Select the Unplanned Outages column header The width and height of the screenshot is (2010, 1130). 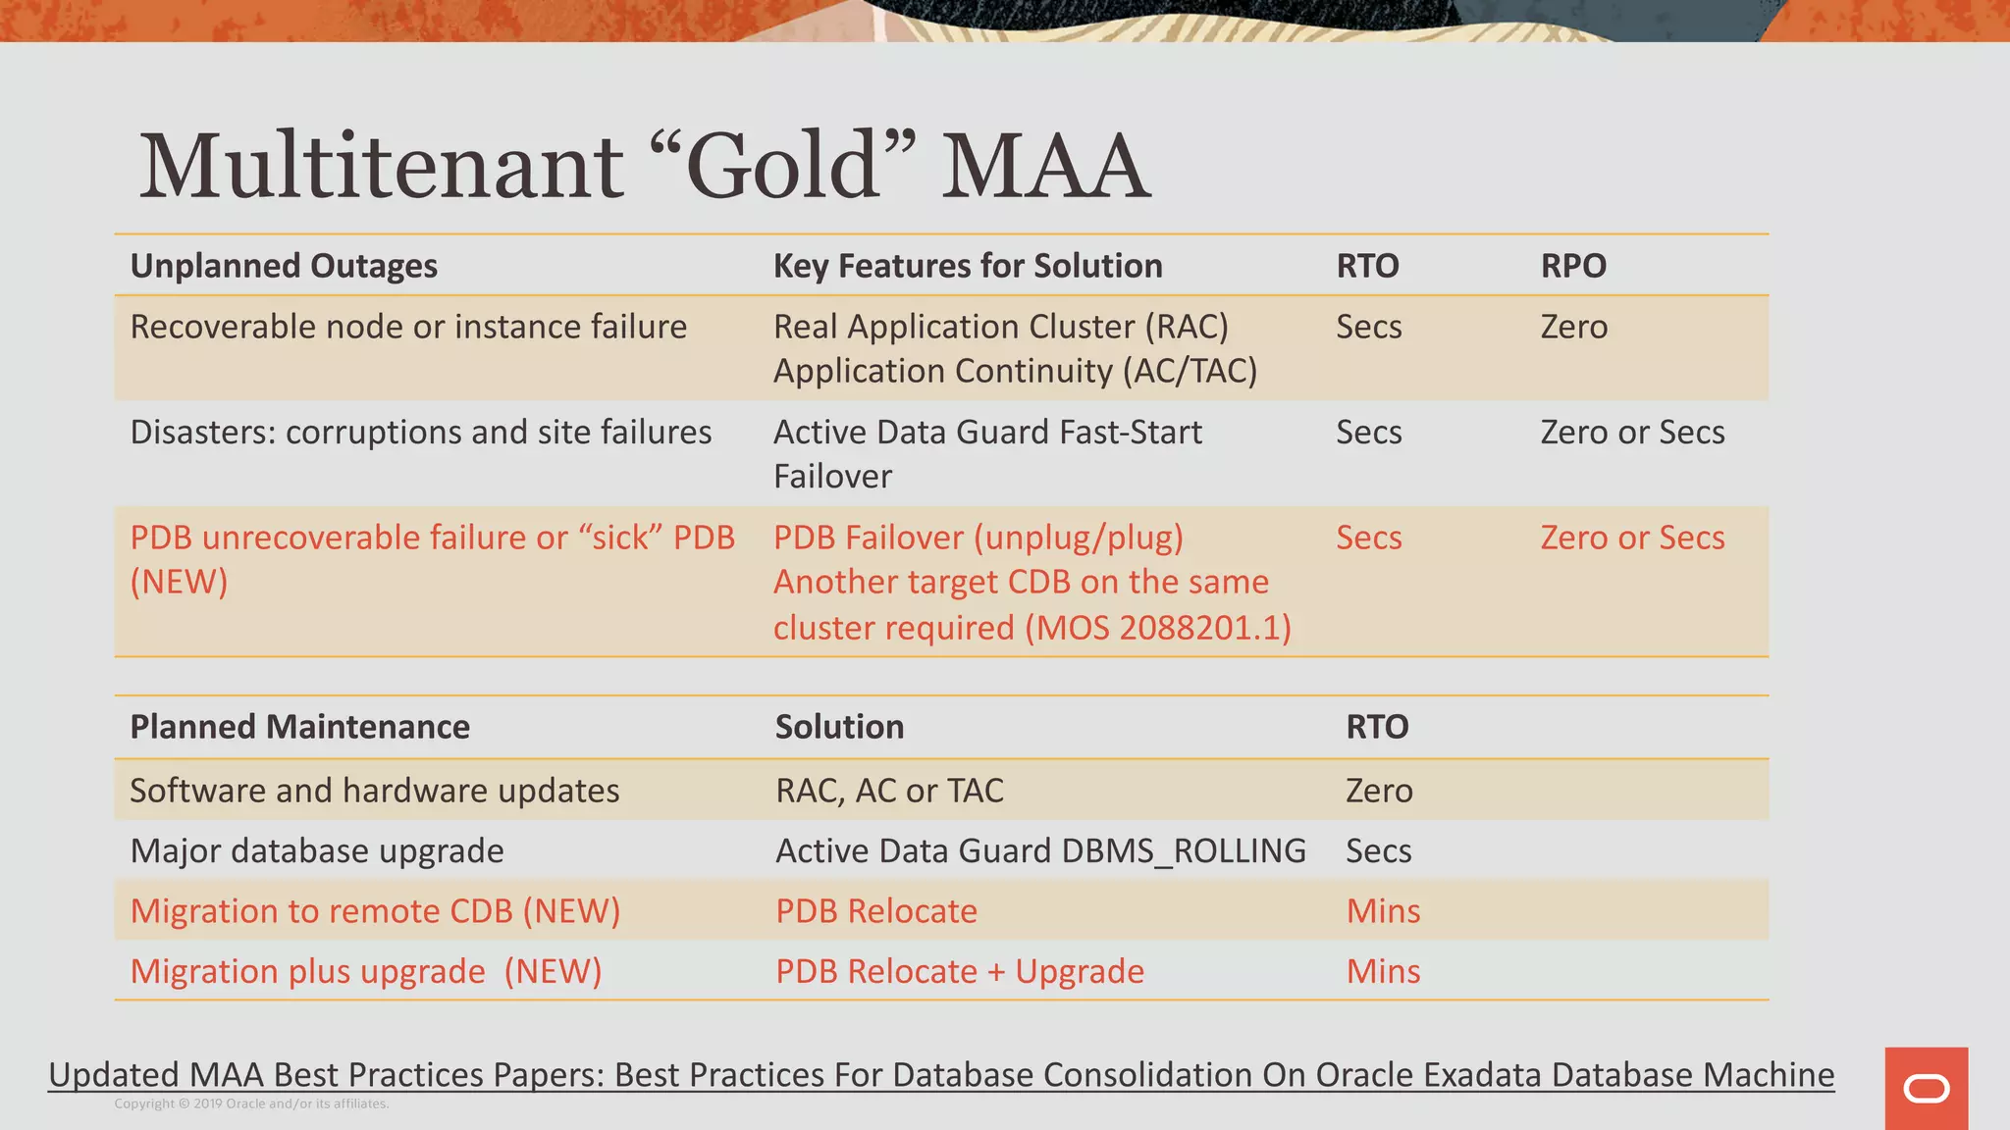click(x=284, y=266)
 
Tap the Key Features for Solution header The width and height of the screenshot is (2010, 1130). click(x=968, y=266)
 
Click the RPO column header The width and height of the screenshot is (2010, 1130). click(x=1573, y=266)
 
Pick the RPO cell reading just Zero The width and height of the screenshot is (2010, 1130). click(x=1573, y=327)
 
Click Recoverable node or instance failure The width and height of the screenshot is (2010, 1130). click(x=408, y=327)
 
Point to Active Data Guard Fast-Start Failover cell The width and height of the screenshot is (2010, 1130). click(x=987, y=453)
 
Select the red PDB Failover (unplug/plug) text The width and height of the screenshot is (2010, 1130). click(x=979, y=538)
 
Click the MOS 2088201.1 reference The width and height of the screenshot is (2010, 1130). click(x=1158, y=628)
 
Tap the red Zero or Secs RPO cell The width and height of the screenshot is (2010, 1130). click(x=1632, y=538)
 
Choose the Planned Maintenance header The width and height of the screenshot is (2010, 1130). click(x=299, y=727)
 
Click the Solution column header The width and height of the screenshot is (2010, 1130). click(x=839, y=727)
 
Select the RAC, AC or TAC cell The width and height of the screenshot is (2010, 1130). click(x=889, y=791)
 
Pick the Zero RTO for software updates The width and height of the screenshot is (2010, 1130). click(x=1379, y=791)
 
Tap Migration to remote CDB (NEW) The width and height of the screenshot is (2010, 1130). click(x=375, y=911)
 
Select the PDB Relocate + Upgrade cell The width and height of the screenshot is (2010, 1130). click(x=960, y=971)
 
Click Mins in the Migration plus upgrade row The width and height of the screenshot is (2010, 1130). click(x=1383, y=971)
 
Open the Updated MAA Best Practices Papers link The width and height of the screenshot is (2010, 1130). click(x=940, y=1075)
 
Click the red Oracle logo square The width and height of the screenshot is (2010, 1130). click(x=1926, y=1089)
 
